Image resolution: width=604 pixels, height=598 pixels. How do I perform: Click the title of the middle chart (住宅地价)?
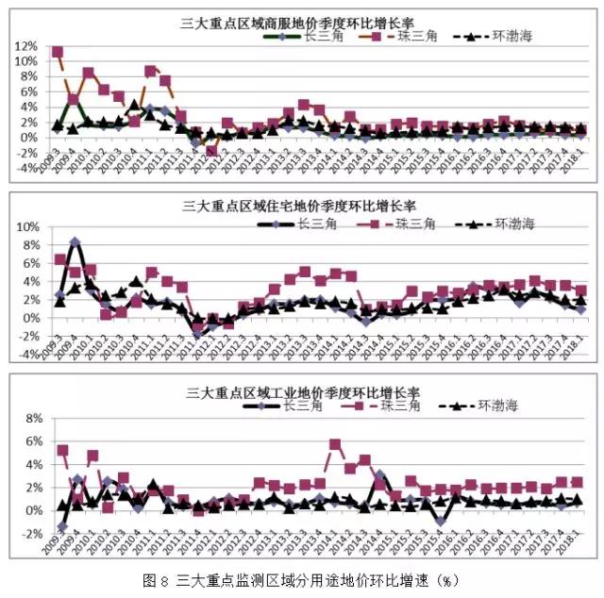click(x=302, y=204)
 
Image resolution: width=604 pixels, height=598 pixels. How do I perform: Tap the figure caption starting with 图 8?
click(x=302, y=578)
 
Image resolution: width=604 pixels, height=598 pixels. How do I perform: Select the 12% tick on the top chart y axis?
click(x=25, y=45)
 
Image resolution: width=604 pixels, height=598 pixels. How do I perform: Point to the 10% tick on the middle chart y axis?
click(x=25, y=227)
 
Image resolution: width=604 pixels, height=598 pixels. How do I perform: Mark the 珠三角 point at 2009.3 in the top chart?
click(x=58, y=52)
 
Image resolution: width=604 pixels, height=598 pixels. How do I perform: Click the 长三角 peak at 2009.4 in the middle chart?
click(x=75, y=242)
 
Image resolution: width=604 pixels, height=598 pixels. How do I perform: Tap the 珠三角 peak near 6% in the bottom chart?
click(x=335, y=444)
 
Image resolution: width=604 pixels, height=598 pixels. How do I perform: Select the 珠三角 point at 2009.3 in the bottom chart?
click(x=62, y=451)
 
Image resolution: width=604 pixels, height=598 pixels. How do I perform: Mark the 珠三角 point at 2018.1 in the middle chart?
click(x=581, y=291)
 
